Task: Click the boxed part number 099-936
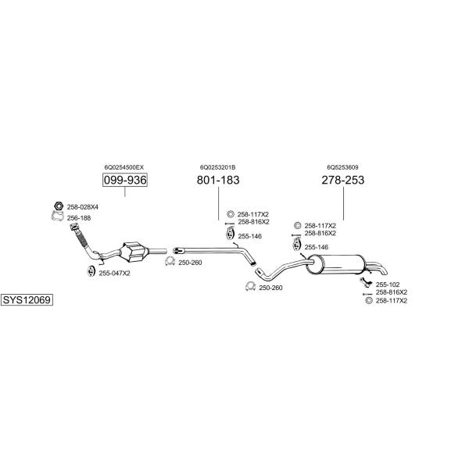tap(125, 180)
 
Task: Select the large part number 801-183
tap(218, 180)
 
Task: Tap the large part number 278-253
tap(343, 180)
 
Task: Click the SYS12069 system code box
tap(27, 299)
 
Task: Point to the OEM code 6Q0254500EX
tap(124, 167)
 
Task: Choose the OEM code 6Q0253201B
tap(218, 167)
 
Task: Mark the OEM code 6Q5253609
tap(342, 167)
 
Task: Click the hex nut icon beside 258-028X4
tap(59, 206)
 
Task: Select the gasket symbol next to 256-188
tap(58, 216)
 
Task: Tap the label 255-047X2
tap(115, 274)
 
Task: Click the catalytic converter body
tap(134, 252)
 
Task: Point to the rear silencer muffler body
tap(336, 264)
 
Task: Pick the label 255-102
tap(388, 285)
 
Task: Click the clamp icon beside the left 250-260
tap(170, 261)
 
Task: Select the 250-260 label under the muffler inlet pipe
tap(270, 288)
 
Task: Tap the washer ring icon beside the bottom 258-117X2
tap(369, 301)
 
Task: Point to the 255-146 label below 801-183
tap(250, 236)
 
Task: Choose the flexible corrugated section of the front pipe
tap(81, 238)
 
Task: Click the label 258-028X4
tap(83, 207)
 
